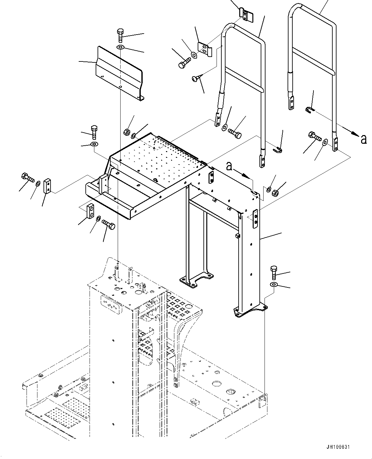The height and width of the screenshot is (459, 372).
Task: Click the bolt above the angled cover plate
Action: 120,35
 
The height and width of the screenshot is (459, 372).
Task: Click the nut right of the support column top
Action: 275,193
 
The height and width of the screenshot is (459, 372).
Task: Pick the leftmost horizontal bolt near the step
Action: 27,177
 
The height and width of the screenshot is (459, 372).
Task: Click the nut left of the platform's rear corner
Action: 126,132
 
